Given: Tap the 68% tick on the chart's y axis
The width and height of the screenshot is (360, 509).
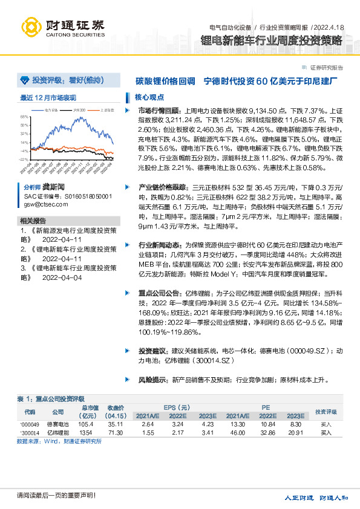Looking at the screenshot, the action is (24, 117).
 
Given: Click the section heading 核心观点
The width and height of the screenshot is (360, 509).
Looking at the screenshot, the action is (148, 97).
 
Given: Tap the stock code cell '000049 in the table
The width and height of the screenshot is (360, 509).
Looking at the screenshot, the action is (30, 424).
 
